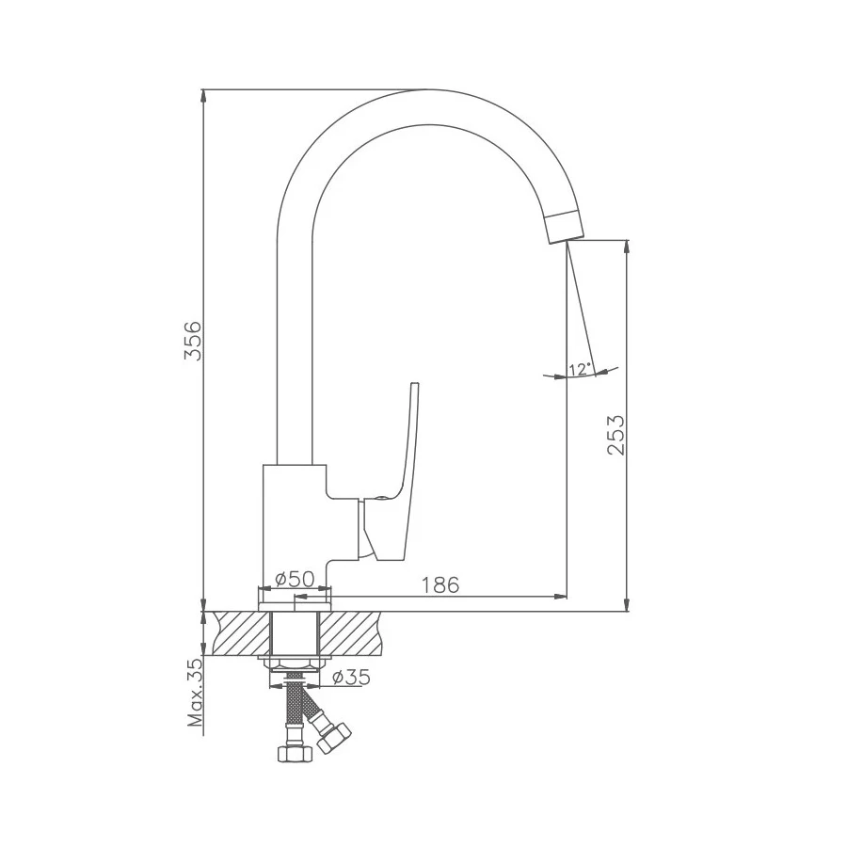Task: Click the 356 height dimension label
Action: click(192, 341)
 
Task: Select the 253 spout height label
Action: click(615, 435)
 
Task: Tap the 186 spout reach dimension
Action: click(440, 584)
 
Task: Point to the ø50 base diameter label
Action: click(295, 579)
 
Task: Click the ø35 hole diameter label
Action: click(351, 676)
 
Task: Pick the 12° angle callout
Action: click(579, 370)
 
